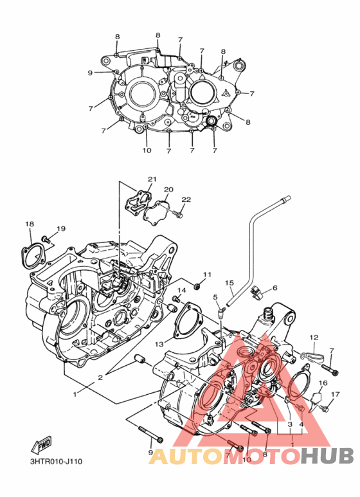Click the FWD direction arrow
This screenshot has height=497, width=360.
coord(41,445)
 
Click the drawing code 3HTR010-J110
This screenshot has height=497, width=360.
coord(57,462)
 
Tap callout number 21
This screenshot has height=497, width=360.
coord(152,179)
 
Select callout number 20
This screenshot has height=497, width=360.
coord(168,190)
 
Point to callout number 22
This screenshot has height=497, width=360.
coord(186,199)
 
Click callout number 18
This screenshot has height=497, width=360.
coord(30,224)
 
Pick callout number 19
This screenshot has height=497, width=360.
coord(61,228)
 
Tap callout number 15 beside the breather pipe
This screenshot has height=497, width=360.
coord(230,282)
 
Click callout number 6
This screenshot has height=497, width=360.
coord(274,287)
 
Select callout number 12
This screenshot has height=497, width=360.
coord(314,338)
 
